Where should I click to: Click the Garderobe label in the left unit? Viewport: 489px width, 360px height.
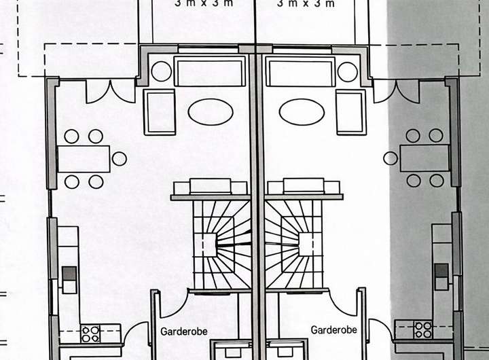184,331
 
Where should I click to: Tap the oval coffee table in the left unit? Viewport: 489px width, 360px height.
211,111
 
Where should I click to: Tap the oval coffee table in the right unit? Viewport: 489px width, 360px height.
302,111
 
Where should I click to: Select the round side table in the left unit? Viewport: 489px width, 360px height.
162,71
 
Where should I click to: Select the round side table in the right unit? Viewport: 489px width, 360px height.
348,71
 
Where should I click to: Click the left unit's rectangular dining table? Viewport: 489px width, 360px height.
84,159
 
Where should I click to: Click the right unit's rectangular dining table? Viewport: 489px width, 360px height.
424,158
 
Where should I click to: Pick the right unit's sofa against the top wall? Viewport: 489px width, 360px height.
300,71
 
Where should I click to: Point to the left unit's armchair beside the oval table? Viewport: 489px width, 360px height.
160,112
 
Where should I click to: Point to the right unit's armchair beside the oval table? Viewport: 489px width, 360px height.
351,111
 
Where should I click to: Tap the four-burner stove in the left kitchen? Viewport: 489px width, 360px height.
90,333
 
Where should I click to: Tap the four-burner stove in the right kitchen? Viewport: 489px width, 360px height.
423,329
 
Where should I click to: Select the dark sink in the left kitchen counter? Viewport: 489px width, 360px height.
69,274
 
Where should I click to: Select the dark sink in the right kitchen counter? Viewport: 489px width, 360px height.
441,271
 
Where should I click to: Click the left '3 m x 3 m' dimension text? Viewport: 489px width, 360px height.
204,3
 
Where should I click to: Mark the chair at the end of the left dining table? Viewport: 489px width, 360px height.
120,159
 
